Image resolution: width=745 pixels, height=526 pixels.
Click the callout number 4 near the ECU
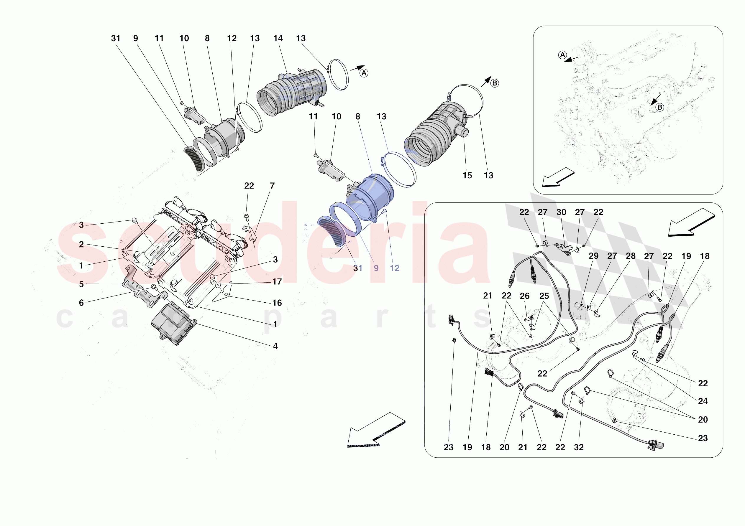(x=275, y=346)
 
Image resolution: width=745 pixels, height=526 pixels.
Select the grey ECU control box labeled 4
(x=174, y=324)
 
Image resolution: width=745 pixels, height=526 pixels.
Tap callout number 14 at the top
(x=278, y=38)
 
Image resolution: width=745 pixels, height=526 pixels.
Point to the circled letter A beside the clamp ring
(x=364, y=73)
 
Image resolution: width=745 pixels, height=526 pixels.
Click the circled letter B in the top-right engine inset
(x=659, y=107)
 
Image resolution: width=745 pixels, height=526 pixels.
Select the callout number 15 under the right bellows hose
(x=467, y=175)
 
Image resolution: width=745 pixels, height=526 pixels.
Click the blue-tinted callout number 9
(x=376, y=268)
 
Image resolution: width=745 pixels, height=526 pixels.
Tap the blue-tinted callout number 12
(x=395, y=268)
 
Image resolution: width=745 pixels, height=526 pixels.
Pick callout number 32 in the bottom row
(x=579, y=447)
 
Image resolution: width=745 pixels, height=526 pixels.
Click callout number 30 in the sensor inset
(x=561, y=212)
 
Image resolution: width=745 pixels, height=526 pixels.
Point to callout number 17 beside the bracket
(x=277, y=281)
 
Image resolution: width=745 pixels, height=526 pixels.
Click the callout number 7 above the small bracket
(x=272, y=186)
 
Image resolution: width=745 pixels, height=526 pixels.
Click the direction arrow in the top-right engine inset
(x=558, y=178)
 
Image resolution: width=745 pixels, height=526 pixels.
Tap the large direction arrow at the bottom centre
(x=373, y=430)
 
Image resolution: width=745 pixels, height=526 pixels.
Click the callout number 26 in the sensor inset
(x=524, y=296)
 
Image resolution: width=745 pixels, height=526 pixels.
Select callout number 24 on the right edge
(x=703, y=401)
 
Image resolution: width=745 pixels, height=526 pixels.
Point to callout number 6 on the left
(x=81, y=303)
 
